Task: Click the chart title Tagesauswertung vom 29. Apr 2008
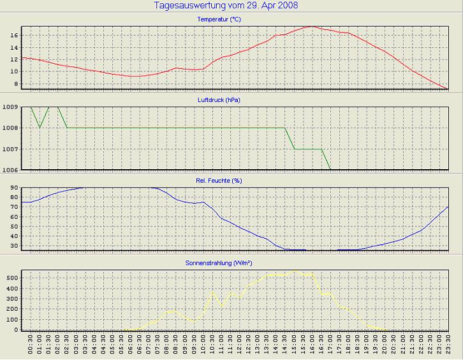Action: click(x=226, y=6)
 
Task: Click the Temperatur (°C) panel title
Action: click(x=219, y=20)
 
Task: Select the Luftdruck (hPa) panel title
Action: click(x=219, y=100)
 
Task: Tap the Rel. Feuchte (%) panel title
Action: click(x=219, y=181)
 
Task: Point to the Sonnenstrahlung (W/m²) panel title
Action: click(x=219, y=262)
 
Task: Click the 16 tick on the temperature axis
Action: click(x=14, y=35)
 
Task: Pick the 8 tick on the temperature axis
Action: click(x=16, y=84)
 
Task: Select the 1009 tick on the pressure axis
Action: click(x=11, y=107)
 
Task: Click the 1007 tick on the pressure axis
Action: click(x=11, y=149)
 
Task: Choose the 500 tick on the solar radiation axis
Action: click(x=12, y=278)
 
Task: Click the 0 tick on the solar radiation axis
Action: click(x=16, y=330)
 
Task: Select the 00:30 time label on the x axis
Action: click(x=31, y=347)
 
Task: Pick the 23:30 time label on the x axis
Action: click(x=448, y=347)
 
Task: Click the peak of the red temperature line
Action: click(x=311, y=26)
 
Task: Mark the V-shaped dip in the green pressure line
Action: click(x=40, y=128)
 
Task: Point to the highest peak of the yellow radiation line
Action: click(x=294, y=271)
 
